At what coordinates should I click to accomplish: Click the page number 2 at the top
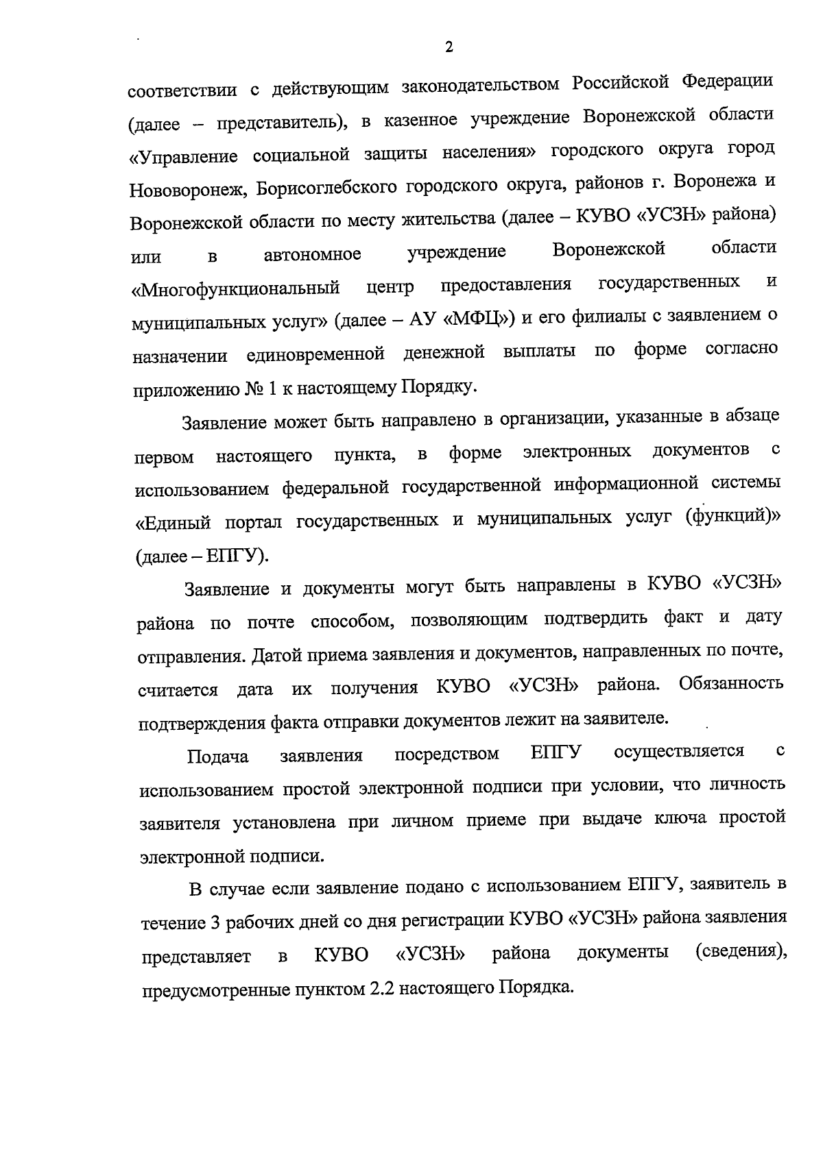pos(449,48)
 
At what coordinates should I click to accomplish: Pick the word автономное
pos(313,254)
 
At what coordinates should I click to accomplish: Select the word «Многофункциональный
pos(237,288)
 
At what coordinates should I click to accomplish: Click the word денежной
pos(444,352)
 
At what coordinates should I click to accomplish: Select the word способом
pos(352,622)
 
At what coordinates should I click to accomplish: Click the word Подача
pos(217,757)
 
